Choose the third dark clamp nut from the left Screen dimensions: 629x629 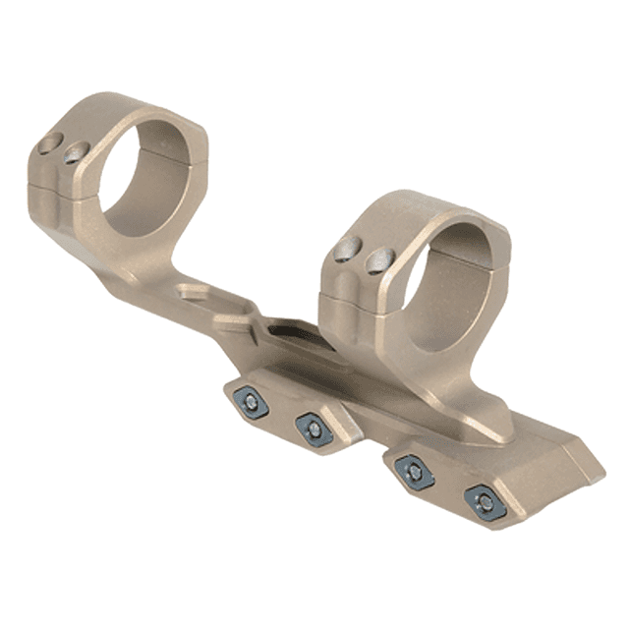(415, 473)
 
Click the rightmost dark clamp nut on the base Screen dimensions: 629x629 (485, 503)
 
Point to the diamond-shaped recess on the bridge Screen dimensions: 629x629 (196, 292)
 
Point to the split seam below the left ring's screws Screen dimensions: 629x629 (59, 182)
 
